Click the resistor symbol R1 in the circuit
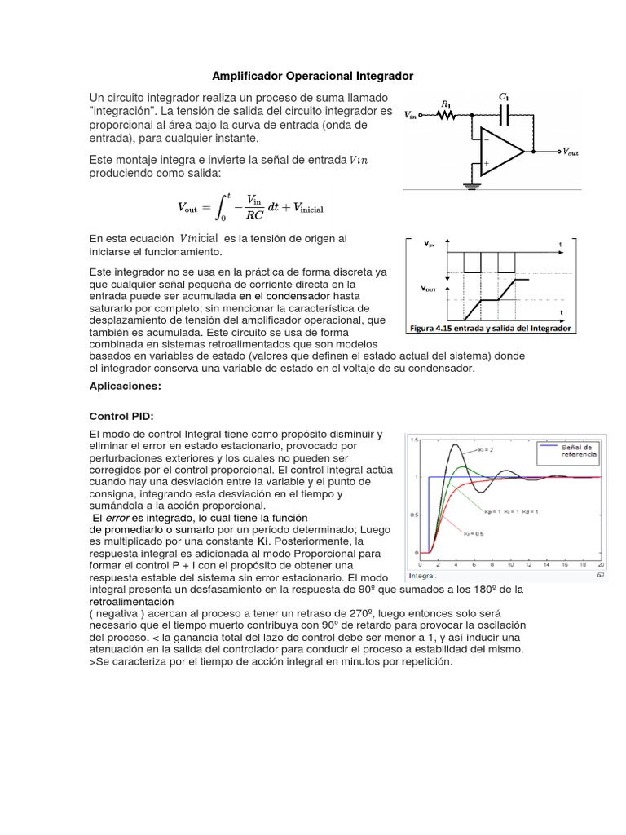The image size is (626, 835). (447, 116)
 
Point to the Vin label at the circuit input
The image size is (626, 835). (412, 116)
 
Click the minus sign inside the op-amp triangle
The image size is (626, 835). (487, 139)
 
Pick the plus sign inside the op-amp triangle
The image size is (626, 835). (487, 163)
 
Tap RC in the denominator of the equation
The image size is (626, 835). (255, 217)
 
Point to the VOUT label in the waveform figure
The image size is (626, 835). (428, 289)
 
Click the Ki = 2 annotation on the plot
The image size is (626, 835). (482, 449)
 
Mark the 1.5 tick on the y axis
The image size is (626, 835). (414, 440)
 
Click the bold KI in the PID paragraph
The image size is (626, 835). (262, 541)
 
